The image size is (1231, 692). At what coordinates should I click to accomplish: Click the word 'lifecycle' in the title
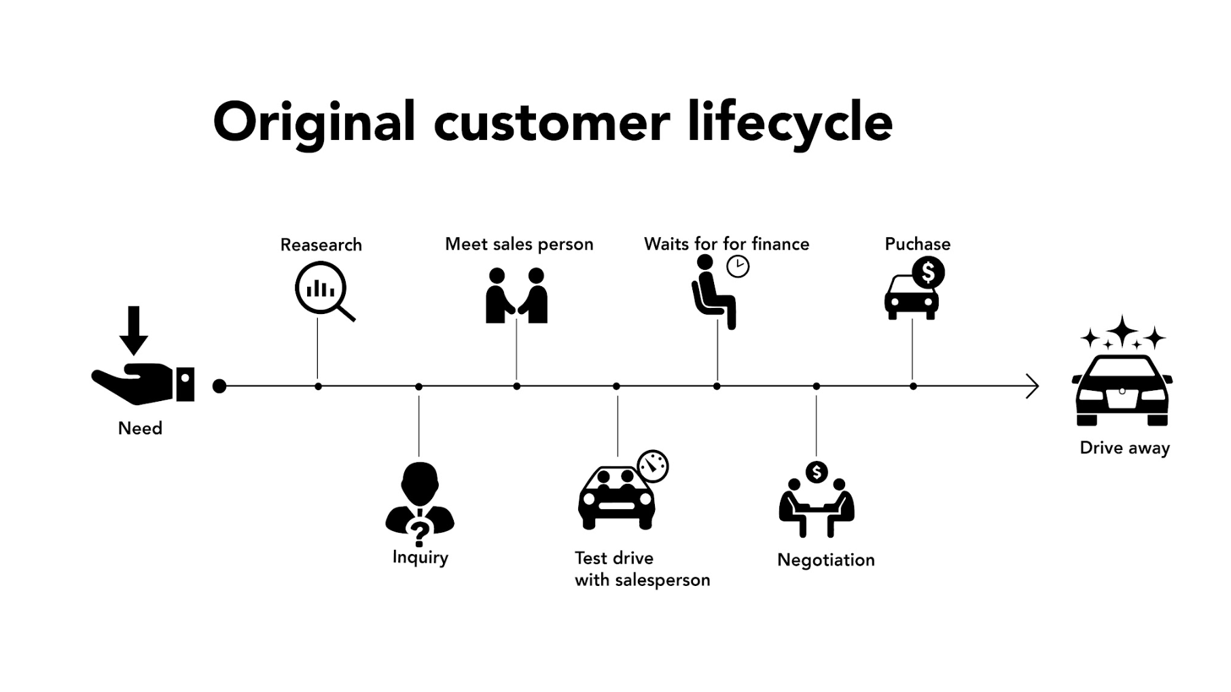(x=789, y=122)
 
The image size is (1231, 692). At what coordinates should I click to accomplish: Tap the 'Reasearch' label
(x=321, y=245)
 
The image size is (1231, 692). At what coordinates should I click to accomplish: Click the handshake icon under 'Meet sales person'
(x=516, y=296)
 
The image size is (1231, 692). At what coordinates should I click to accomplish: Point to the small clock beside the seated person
(x=738, y=266)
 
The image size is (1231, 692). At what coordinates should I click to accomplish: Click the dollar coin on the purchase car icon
(x=928, y=273)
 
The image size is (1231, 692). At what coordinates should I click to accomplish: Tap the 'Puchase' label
(x=917, y=244)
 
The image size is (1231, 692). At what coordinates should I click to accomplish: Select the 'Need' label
(x=140, y=428)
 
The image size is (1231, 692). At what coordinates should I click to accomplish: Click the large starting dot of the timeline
(x=219, y=386)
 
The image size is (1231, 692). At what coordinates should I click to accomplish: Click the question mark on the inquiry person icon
(x=419, y=532)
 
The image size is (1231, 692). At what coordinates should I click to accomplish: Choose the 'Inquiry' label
(x=420, y=557)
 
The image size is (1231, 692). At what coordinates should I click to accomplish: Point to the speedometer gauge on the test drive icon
(x=653, y=466)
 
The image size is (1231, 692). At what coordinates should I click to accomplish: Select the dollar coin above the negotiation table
(x=816, y=472)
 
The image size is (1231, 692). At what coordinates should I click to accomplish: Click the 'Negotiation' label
(x=825, y=560)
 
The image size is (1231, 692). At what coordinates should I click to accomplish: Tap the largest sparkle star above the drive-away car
(x=1124, y=330)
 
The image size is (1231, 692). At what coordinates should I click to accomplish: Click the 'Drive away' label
(x=1124, y=448)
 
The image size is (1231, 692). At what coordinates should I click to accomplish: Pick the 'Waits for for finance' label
(x=726, y=244)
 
